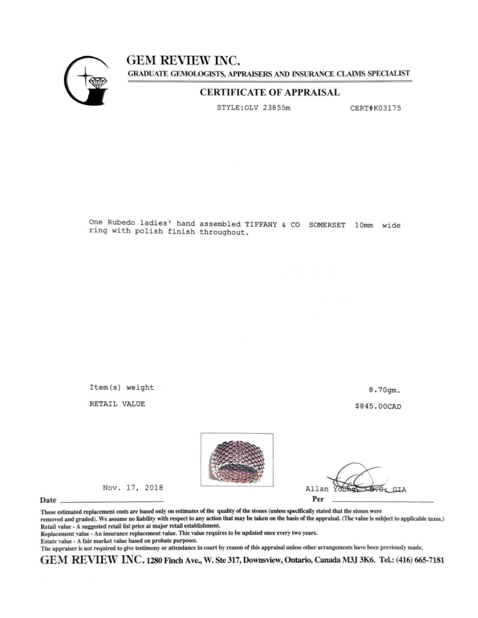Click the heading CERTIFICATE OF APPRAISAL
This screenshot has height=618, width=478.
(x=270, y=93)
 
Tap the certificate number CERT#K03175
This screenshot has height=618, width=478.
(x=375, y=108)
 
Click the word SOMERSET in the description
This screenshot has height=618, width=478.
(x=327, y=225)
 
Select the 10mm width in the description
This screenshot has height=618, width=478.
(x=364, y=225)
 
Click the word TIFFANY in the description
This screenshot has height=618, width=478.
(x=261, y=224)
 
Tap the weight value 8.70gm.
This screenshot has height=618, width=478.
(x=384, y=390)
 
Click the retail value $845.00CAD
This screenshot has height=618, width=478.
(x=378, y=406)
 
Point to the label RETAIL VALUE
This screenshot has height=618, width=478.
(x=117, y=404)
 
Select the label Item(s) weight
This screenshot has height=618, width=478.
(x=121, y=388)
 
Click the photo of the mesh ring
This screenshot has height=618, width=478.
(x=237, y=460)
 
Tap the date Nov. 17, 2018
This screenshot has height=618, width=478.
(x=133, y=488)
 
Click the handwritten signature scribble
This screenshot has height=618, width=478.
(x=356, y=478)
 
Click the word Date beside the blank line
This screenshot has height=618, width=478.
(x=48, y=500)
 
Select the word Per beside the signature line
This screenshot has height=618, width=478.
(x=318, y=499)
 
